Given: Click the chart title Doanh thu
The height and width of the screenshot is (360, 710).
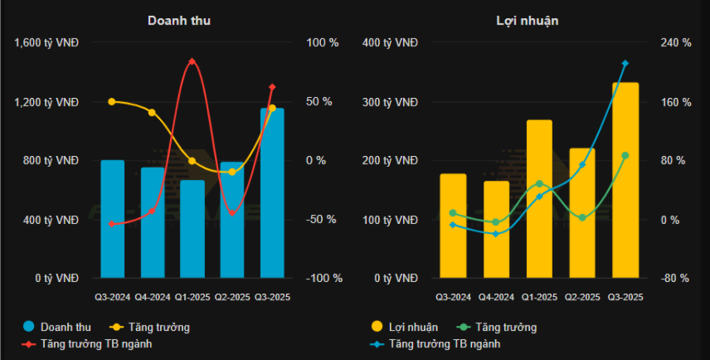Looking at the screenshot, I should coord(179,21).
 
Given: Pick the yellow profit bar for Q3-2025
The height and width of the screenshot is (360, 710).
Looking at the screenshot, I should coord(625,180).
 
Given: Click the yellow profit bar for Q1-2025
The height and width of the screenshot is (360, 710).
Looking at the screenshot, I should coord(539,199).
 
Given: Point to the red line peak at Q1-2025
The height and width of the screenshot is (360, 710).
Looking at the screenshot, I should coord(192,61).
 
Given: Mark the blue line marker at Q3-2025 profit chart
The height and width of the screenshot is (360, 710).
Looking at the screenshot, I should coord(625,63).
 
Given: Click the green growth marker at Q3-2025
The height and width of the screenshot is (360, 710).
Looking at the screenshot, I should coord(625,155).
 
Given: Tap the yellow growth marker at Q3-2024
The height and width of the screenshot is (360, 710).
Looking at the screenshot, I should coord(112,101).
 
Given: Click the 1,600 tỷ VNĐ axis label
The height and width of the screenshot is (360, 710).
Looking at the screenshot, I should coord(46,42).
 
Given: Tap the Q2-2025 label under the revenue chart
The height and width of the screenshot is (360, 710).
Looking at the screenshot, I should coord(232,297).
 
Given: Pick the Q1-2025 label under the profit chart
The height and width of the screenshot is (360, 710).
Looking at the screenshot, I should coord(539,297).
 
